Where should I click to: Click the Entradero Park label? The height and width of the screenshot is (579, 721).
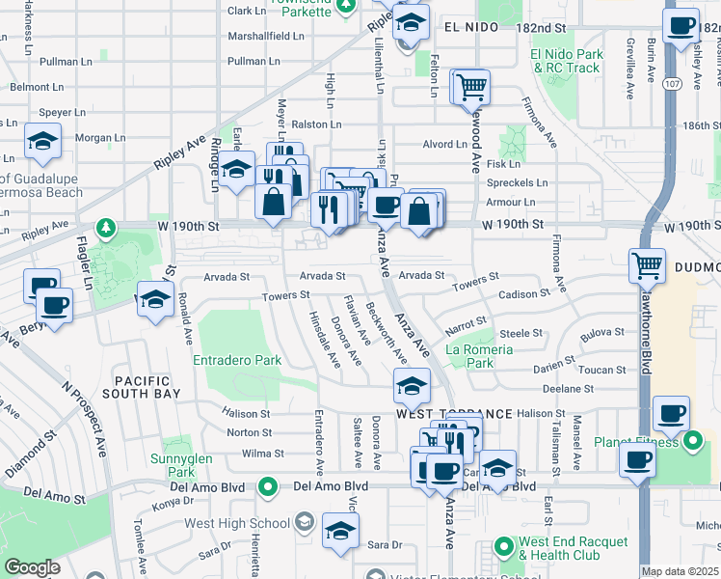coord(237,360)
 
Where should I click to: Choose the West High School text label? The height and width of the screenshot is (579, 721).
coord(237,523)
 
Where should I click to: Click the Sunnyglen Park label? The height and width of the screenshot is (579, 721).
coord(174,465)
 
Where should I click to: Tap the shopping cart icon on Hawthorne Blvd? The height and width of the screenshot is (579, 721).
coord(647,264)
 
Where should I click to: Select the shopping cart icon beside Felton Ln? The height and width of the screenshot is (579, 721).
coord(471,87)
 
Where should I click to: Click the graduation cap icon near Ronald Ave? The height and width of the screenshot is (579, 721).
coord(155,298)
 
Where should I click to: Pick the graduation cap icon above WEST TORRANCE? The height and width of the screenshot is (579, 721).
coord(412,386)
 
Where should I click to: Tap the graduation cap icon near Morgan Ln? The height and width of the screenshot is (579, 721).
coord(43,142)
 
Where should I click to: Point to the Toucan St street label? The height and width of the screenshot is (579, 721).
coord(604,370)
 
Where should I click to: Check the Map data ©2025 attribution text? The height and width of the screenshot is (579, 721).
coord(680,571)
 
